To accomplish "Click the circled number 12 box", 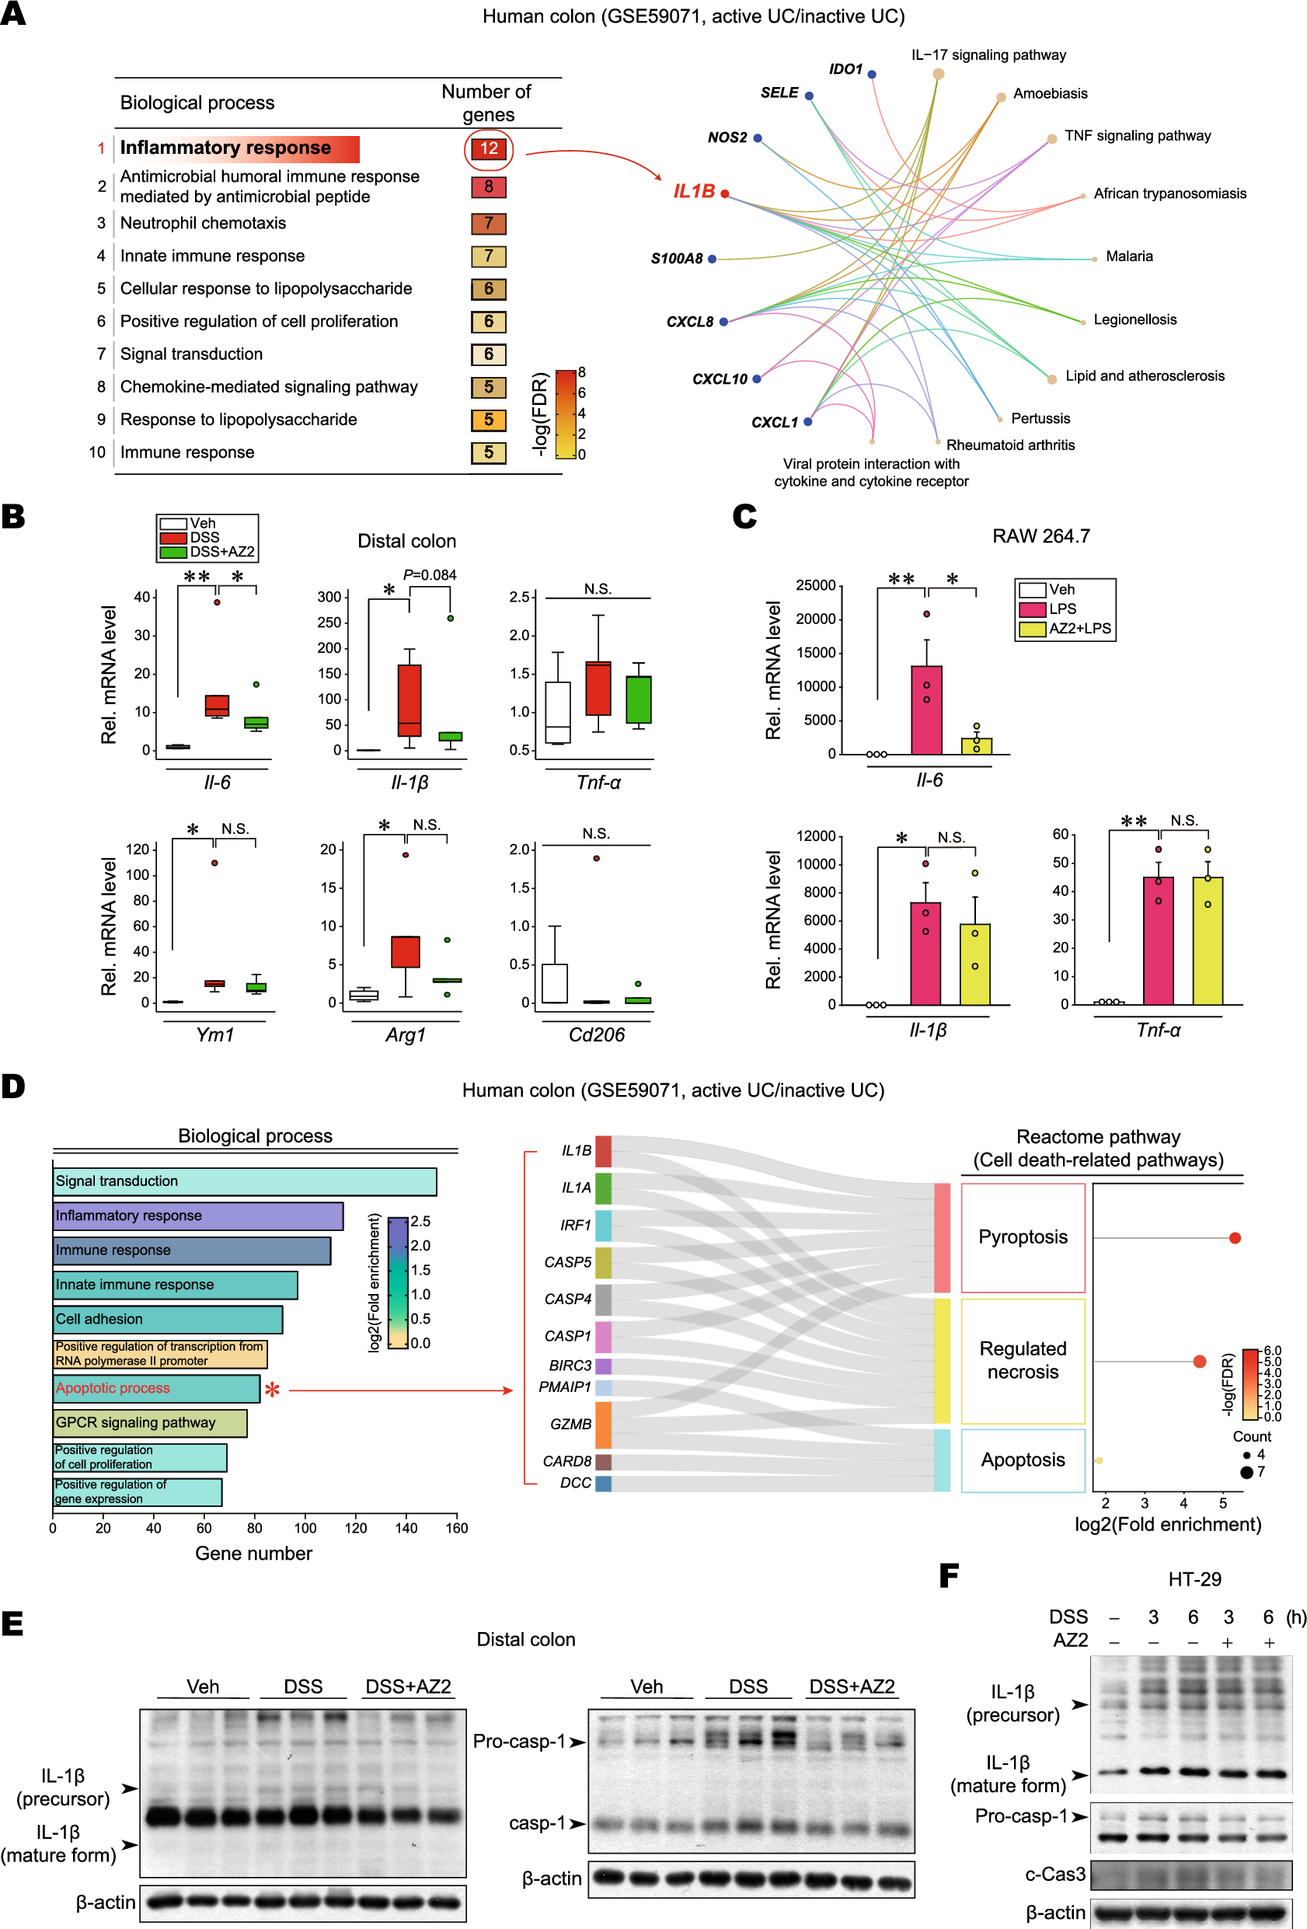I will [488, 148].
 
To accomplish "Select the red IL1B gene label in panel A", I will [694, 192].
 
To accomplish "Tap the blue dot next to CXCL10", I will [757, 378].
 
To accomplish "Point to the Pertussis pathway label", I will [1040, 418].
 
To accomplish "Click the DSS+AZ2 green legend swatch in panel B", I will [173, 552].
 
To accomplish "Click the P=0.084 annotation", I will [429, 574].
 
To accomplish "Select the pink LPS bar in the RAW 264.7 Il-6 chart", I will [926, 710].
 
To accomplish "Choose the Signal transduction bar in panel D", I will [245, 1181].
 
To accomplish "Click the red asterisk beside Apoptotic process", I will [272, 1389].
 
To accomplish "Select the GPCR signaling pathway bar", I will [150, 1423].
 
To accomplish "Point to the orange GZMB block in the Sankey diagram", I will [603, 1425].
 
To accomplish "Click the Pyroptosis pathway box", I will [1023, 1237].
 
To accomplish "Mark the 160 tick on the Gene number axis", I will [456, 1528].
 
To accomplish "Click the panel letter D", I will [13, 1086].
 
